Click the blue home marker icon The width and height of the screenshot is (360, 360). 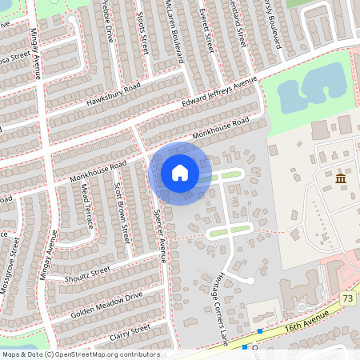180,173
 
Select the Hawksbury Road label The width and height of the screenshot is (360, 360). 114,95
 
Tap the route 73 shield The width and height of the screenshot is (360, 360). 347,298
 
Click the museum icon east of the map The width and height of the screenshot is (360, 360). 341,178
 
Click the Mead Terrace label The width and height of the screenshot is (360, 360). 88,206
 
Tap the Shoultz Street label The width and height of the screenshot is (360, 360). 87,274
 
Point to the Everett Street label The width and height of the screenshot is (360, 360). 206,26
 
